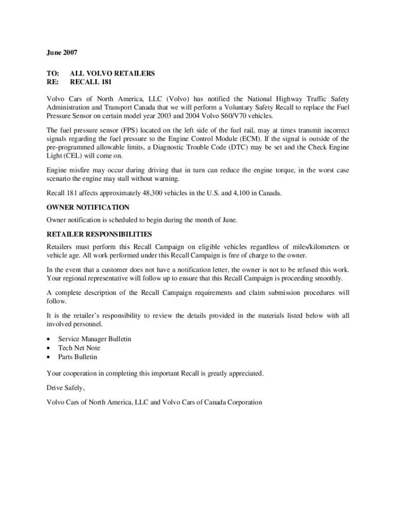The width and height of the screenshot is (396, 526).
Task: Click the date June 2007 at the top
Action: pyautogui.click(x=62, y=52)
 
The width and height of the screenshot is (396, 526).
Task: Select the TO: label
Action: pyautogui.click(x=52, y=73)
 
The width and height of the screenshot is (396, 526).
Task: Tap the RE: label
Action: pyautogui.click(x=52, y=82)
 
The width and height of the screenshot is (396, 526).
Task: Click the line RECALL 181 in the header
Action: pyautogui.click(x=91, y=82)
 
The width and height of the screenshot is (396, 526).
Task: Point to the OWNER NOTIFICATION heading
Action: pyautogui.click(x=88, y=208)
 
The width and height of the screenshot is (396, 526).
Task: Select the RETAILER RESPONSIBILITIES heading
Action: pyautogui.click(x=99, y=234)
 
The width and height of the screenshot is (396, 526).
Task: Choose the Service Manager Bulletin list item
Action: pyautogui.click(x=95, y=339)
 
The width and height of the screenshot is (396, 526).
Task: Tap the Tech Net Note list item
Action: pyautogui.click(x=79, y=348)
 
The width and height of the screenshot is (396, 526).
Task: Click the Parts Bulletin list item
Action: pyautogui.click(x=78, y=356)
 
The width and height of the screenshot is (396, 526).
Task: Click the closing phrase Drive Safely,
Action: pyautogui.click(x=66, y=388)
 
